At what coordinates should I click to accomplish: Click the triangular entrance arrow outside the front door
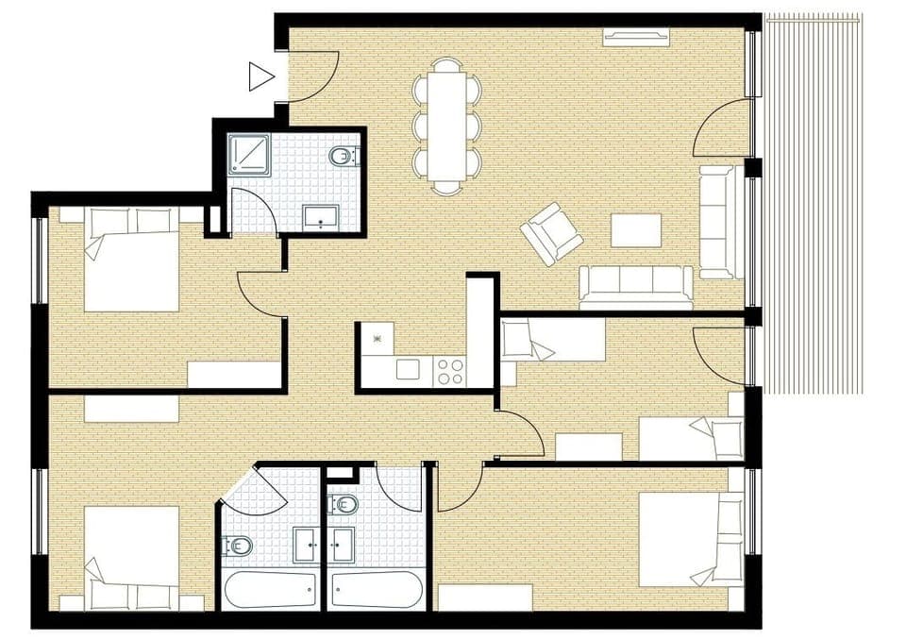click(x=260, y=76)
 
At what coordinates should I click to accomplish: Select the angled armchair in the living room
click(x=551, y=233)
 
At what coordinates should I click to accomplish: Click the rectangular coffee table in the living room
click(x=636, y=229)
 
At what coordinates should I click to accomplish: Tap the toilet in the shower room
click(x=342, y=156)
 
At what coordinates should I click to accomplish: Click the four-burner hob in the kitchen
click(x=450, y=370)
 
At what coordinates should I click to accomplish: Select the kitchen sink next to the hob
click(x=408, y=369)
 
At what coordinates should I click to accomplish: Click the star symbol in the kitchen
click(x=377, y=337)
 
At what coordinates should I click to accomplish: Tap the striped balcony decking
click(x=813, y=203)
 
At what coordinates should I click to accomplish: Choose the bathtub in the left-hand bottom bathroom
click(x=272, y=591)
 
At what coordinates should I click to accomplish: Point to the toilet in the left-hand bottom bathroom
click(x=237, y=545)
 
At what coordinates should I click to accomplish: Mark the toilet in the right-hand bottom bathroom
click(x=344, y=504)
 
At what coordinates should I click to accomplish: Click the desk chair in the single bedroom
click(x=519, y=341)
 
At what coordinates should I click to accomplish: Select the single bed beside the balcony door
click(x=692, y=438)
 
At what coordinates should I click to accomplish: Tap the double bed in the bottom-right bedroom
click(x=691, y=539)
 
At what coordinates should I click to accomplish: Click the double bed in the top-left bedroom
click(x=131, y=260)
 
